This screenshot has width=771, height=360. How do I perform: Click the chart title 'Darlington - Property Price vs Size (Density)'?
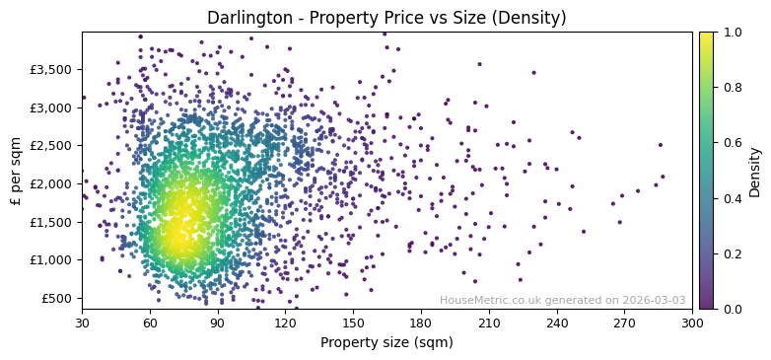(386, 18)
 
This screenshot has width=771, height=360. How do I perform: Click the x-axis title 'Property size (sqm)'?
(386, 343)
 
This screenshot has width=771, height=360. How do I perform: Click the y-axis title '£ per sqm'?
(16, 171)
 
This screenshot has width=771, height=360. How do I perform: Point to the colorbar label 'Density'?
(755, 171)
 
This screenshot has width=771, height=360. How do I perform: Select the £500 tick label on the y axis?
(59, 299)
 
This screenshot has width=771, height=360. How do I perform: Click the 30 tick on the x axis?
(82, 323)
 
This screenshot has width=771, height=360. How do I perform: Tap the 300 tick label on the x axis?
(692, 323)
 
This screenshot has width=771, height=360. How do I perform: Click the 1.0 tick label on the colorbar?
(731, 33)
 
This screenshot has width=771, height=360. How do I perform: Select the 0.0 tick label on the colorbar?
(731, 310)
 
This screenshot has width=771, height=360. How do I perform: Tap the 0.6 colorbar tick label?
(731, 143)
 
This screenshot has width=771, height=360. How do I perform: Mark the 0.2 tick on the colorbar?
(731, 254)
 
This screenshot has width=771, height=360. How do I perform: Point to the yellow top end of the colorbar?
(706, 36)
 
